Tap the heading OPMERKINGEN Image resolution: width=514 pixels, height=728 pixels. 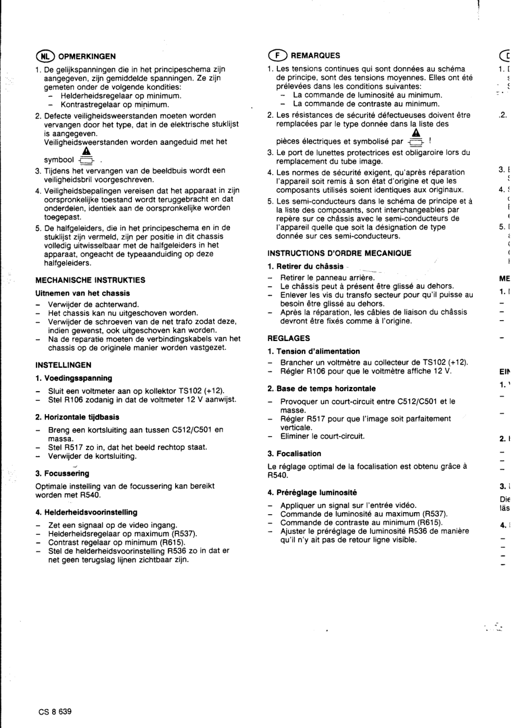coord(87,56)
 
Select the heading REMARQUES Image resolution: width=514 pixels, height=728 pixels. coord(315,55)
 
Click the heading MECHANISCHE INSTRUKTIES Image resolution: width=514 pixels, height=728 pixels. coord(90,280)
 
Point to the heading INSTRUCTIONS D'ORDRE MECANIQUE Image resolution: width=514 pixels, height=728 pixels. coord(339,253)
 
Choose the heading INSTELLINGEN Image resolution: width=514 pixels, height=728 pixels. coord(63,365)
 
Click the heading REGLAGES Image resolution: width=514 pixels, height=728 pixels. coord(288,338)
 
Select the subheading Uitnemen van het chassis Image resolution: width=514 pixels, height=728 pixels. coord(82,293)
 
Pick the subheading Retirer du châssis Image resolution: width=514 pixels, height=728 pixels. coord(305,266)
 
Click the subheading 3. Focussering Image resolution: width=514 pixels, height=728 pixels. coord(62,474)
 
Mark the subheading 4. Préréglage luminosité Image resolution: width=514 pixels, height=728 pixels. coord(312,492)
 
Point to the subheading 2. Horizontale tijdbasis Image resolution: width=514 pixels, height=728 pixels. coord(77,417)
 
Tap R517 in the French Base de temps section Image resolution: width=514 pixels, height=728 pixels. coord(316,419)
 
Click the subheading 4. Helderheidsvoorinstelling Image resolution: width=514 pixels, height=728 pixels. coord(86,512)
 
